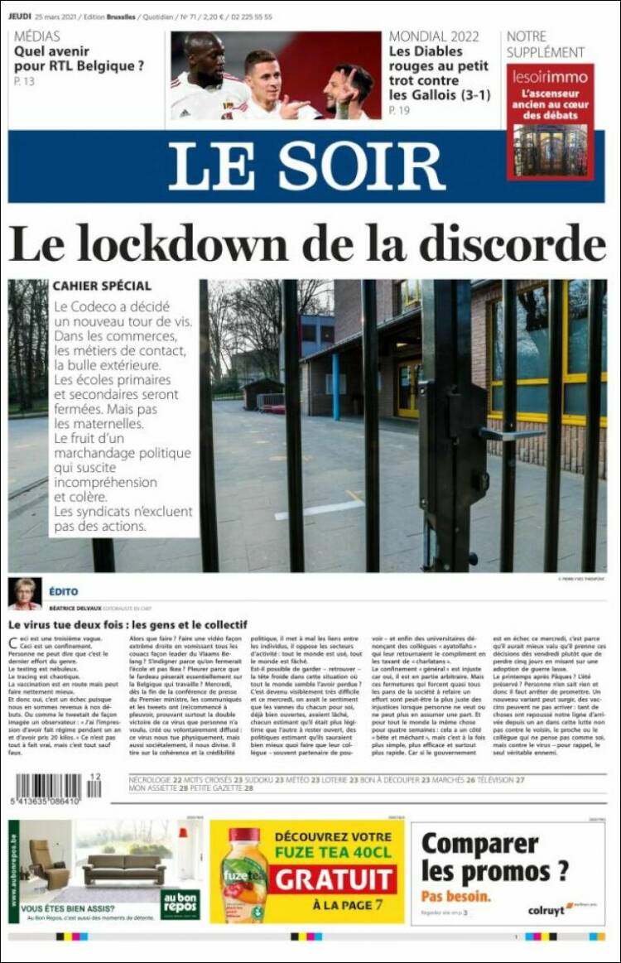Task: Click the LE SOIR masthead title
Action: point(306,166)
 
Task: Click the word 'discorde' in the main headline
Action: point(511,245)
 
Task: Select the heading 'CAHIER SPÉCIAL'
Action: point(102,286)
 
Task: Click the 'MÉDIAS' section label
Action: point(37,36)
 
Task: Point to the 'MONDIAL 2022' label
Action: point(434,36)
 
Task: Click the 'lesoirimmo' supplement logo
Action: point(550,77)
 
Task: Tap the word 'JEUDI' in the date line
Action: point(20,17)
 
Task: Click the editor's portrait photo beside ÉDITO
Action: point(25,593)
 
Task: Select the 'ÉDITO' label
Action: point(63,590)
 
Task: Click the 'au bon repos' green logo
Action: point(180,904)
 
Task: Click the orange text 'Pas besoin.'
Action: point(455,896)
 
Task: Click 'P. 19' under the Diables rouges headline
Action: point(399,110)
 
